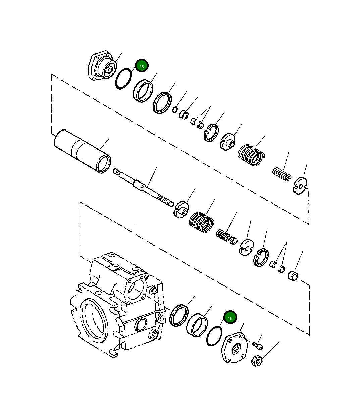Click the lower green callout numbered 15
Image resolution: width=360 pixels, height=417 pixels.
coord(230,318)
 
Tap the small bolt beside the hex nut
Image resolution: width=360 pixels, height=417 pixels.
coord(258,345)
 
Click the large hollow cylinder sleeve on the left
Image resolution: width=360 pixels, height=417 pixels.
coord(82,151)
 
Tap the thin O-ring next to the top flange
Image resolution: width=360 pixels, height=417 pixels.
coord(123,79)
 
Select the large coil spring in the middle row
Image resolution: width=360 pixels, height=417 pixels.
coord(201,222)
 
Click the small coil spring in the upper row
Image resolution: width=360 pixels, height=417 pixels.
coord(281,174)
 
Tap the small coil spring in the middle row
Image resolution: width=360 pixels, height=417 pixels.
coord(227,237)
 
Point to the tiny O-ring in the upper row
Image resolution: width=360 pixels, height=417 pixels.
coord(175,109)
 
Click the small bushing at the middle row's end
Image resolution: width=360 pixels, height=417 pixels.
coord(293,276)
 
